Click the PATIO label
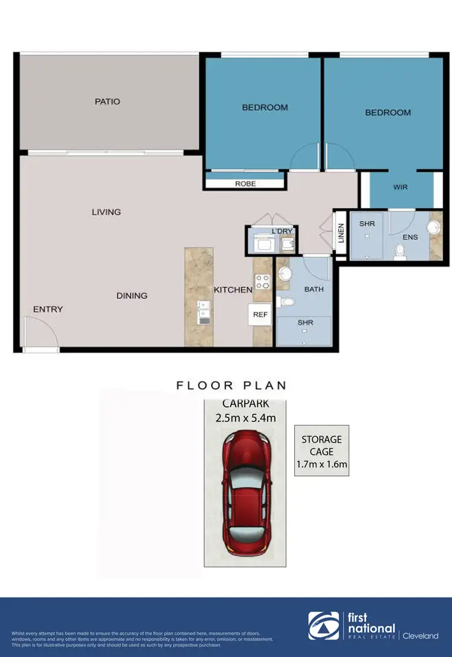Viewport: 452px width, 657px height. coord(107,102)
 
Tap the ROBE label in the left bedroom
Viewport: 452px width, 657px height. coord(245,184)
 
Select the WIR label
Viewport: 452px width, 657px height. coord(400,187)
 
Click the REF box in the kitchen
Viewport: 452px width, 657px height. coord(260,314)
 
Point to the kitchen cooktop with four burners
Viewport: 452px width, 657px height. coord(263,281)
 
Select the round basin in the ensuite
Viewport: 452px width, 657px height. coord(433,227)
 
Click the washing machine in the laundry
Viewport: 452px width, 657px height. coord(263,244)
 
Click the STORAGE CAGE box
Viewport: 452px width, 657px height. coord(321,451)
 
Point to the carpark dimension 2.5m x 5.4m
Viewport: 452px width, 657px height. coord(245,417)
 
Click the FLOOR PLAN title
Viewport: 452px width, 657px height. coord(231,385)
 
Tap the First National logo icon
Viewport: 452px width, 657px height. coord(323,626)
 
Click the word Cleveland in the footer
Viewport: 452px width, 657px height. coord(421,636)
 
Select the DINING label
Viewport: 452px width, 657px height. coord(132,295)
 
